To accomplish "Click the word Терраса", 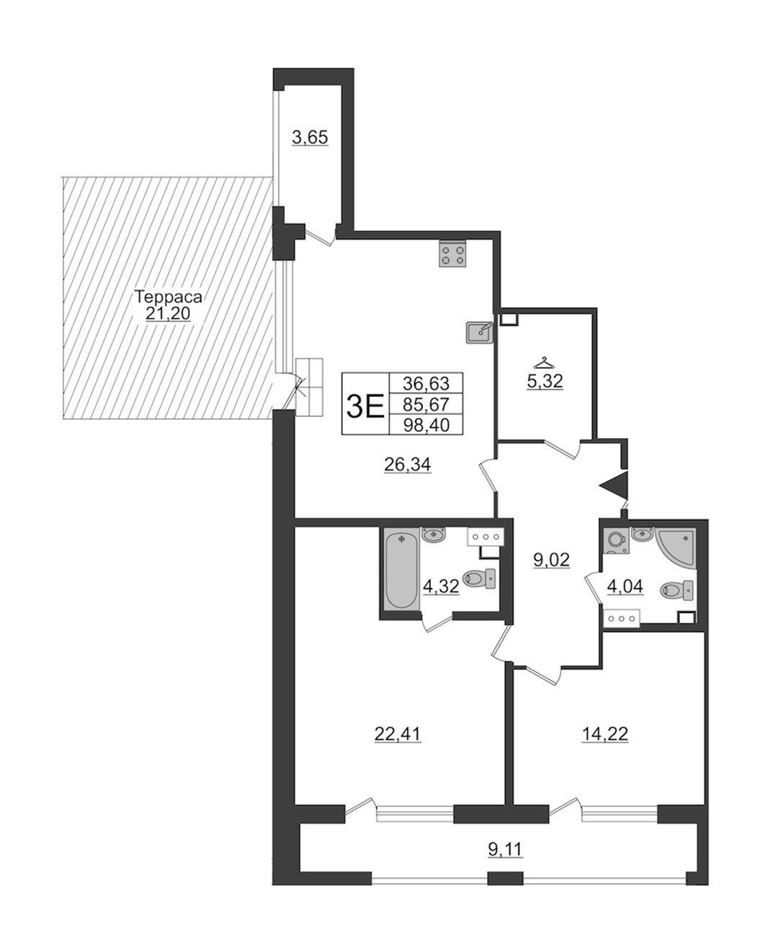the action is click(x=169, y=297).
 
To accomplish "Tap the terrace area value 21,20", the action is click(x=168, y=313).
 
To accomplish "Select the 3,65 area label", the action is click(x=310, y=138).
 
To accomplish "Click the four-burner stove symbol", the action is click(x=452, y=254).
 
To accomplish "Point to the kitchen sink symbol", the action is click(x=480, y=333).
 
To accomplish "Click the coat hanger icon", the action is click(x=544, y=361).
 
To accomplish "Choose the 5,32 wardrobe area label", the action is click(x=545, y=381).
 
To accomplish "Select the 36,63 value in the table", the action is click(x=426, y=383).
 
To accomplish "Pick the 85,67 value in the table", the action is click(x=426, y=405).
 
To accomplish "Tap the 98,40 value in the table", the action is click(x=426, y=425).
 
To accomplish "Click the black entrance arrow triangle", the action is click(x=614, y=485).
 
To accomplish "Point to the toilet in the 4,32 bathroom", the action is click(x=478, y=579).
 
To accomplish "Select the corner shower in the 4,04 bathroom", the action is click(x=676, y=549).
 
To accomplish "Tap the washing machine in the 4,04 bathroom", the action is click(x=616, y=541).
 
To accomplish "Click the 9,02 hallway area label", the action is click(x=551, y=560).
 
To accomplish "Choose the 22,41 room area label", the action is click(x=398, y=734).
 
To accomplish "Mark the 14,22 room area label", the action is click(x=604, y=734).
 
